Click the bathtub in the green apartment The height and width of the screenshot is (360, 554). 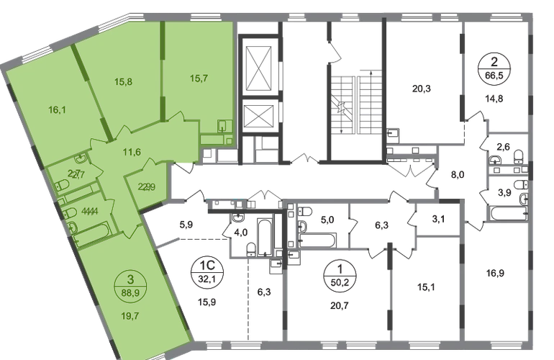(91, 230)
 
